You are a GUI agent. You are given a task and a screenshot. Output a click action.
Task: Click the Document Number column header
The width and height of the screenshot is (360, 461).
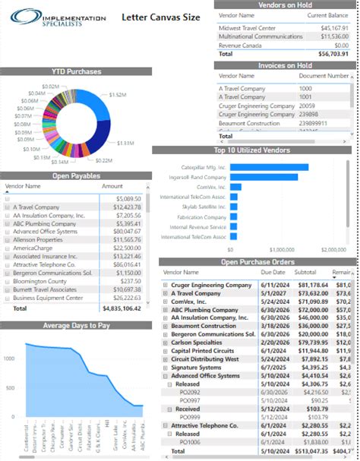324,76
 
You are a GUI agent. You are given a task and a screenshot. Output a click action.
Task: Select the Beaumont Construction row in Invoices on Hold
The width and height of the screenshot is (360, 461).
251,122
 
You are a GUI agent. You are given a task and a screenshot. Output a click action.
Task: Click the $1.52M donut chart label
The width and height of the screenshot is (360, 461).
118,95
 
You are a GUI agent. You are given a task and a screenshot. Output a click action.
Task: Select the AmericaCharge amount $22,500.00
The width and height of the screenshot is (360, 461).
118,247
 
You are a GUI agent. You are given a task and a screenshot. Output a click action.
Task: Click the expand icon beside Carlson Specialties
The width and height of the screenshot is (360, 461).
166,320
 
